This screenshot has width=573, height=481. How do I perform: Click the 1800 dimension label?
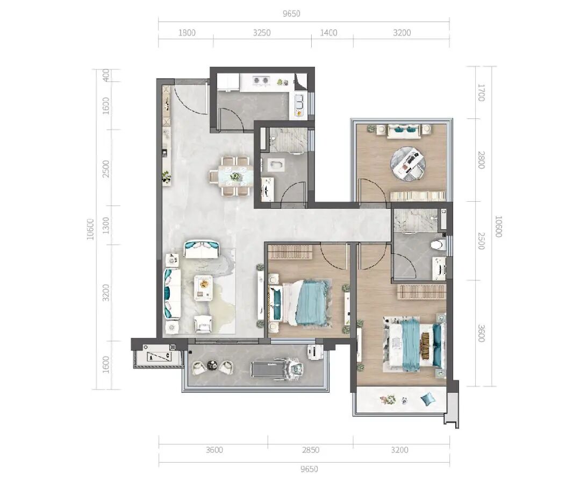click(187, 33)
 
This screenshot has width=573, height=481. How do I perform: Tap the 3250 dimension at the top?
click(262, 33)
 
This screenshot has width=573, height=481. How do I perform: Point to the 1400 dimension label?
click(328, 33)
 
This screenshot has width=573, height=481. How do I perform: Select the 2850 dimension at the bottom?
click(311, 450)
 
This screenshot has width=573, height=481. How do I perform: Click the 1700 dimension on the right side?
click(481, 93)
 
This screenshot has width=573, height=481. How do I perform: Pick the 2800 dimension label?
click(481, 160)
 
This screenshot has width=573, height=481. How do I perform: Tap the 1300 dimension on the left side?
click(105, 225)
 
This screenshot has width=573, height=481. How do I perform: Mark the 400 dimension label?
click(106, 75)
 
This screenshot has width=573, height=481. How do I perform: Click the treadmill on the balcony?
click(277, 368)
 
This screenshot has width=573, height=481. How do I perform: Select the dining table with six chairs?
click(231, 176)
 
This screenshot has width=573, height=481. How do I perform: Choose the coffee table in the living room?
click(203, 287)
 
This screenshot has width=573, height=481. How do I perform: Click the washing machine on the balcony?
click(314, 352)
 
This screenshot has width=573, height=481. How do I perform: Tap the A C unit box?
click(159, 356)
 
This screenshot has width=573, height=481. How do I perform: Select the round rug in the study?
click(408, 163)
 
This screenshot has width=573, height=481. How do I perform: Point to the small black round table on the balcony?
click(212, 364)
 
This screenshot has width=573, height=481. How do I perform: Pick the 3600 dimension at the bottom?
click(214, 450)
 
